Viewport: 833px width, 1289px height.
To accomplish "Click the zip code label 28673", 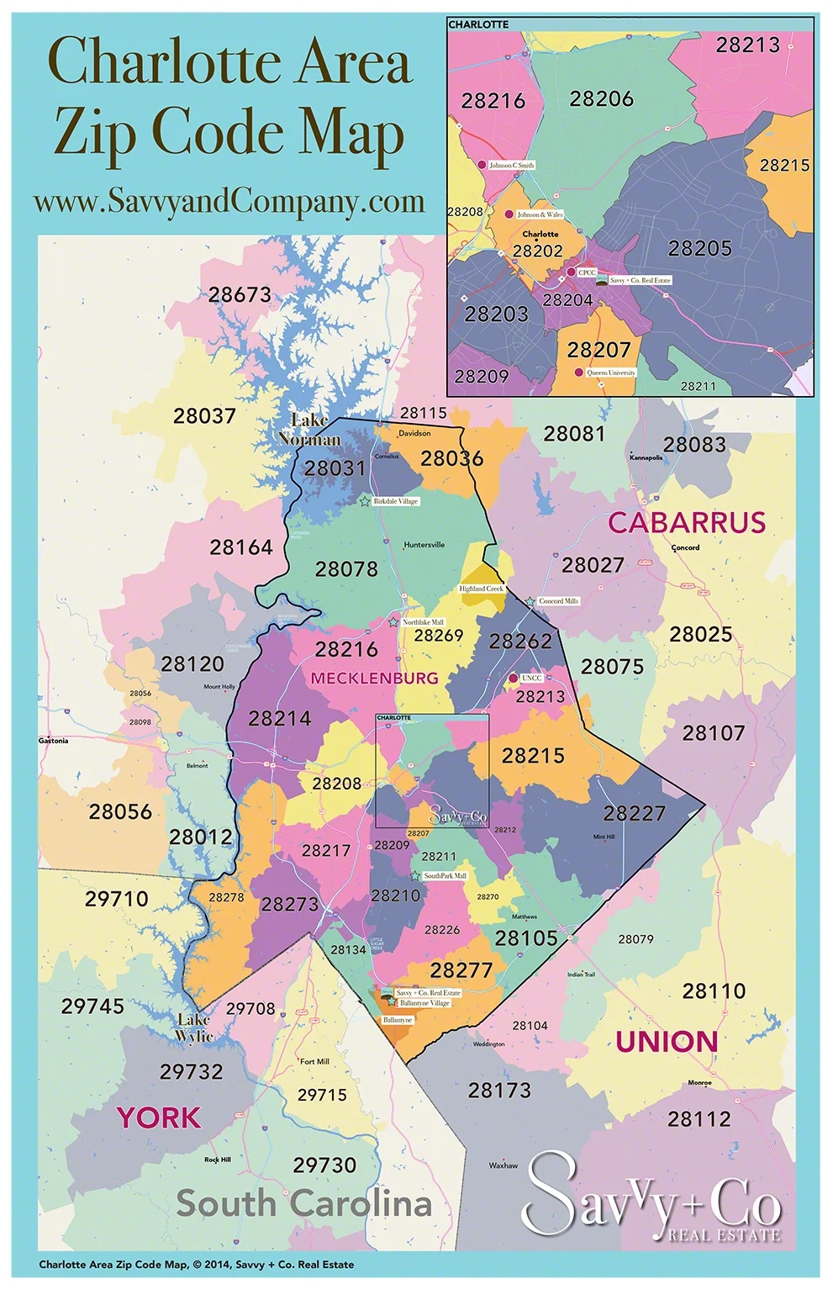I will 240,295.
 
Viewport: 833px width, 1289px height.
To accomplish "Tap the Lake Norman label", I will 309,430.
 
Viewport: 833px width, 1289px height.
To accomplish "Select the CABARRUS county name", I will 687,522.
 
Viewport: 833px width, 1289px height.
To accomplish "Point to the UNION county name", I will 667,1042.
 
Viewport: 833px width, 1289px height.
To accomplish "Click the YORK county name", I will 159,1117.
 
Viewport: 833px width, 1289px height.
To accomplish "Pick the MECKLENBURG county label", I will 374,678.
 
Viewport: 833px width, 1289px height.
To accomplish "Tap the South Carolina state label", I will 303,1203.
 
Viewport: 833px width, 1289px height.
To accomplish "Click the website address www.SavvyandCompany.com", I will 229,202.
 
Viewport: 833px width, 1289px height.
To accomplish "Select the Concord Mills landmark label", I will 558,601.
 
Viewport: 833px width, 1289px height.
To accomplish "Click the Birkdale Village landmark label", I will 395,501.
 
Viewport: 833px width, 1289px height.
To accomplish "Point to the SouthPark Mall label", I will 445,876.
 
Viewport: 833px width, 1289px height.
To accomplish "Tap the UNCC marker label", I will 531,678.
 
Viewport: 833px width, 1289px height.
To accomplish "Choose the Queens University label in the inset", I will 610,372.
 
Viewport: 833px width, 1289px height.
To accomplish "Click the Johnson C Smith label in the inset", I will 511,166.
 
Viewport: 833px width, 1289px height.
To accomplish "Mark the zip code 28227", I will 634,813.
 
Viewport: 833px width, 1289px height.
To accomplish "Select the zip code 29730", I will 324,1165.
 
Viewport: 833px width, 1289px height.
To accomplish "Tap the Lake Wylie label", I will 194,1028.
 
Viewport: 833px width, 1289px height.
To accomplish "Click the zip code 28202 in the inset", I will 537,251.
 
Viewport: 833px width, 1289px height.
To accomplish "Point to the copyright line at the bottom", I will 196,1264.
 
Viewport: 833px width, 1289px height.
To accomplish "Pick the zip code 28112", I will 699,1119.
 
